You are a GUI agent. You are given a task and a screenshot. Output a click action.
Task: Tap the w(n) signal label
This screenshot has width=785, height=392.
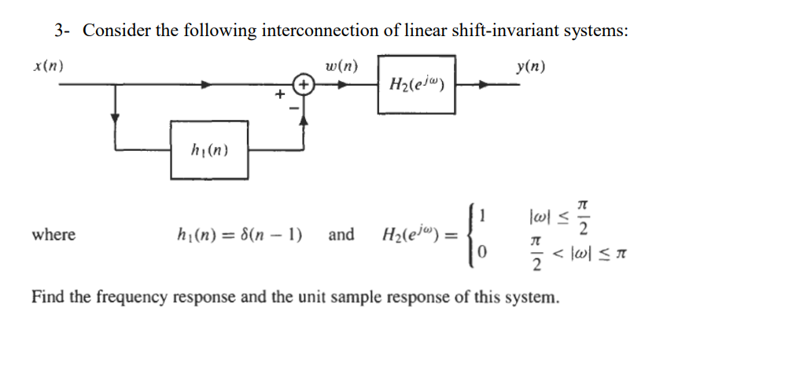(x=341, y=66)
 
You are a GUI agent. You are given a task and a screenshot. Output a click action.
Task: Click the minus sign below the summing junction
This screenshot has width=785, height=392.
(x=297, y=110)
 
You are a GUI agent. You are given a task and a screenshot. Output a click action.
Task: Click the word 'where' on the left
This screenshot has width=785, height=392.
(x=53, y=234)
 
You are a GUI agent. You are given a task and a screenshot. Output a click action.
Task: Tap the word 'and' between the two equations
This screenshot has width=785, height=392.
(x=341, y=234)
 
